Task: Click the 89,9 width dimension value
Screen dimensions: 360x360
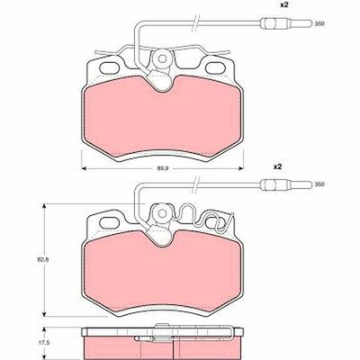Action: [x=163, y=168]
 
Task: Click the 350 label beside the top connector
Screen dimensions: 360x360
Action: [x=319, y=24]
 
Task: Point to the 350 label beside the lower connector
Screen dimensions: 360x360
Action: [x=319, y=184]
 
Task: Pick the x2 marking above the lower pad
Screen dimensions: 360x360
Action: [x=278, y=166]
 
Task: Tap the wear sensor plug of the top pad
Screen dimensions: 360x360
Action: [x=286, y=23]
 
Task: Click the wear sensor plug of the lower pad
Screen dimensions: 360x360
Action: [x=286, y=184]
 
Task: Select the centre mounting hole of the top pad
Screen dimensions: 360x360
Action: [x=162, y=58]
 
